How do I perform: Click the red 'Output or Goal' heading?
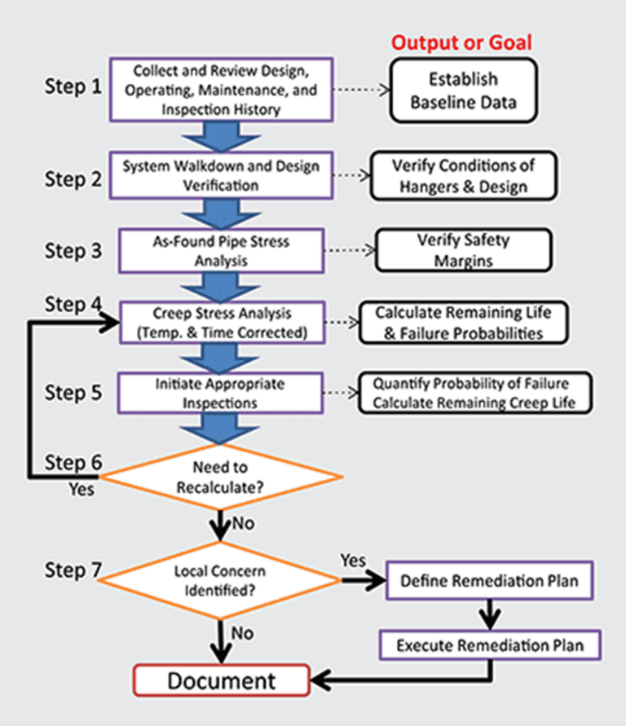coord(462,42)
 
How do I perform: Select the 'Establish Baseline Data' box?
coord(463,91)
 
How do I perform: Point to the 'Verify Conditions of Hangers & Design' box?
coord(463,176)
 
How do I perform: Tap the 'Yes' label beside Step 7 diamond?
coord(353,559)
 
